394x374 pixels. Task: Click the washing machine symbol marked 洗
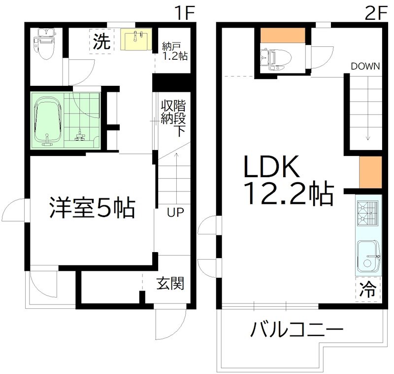coord(101,42)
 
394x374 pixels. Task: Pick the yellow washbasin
coord(138,40)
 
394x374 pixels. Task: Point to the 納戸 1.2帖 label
coord(174,51)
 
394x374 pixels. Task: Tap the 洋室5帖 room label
coord(92,208)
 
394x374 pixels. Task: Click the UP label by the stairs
coord(175,213)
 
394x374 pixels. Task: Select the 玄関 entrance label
coord(170,284)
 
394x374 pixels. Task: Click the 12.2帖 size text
coord(288,194)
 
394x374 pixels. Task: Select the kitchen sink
coord(367,257)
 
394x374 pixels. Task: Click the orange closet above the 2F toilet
coord(283,36)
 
